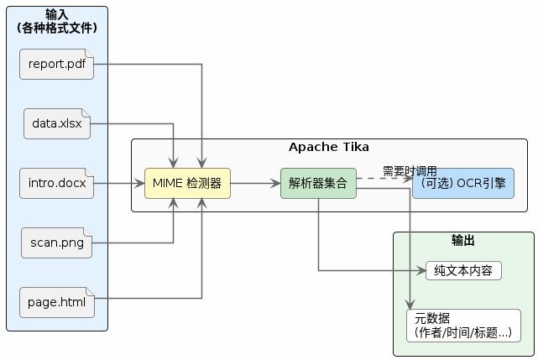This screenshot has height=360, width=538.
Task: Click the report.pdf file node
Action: (57, 65)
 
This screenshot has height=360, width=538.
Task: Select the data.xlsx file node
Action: (57, 124)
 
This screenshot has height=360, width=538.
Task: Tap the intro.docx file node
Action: (57, 183)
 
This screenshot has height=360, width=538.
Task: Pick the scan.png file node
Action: (57, 243)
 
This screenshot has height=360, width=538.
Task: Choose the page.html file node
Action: (57, 302)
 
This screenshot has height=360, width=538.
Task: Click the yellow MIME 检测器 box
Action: (187, 183)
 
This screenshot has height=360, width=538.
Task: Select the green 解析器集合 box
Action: (318, 183)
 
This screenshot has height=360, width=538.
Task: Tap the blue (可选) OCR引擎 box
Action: (462, 183)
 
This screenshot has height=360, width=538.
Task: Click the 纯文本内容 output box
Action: (463, 270)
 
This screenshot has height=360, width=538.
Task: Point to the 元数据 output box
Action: (463, 325)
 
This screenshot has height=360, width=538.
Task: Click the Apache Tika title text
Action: (328, 148)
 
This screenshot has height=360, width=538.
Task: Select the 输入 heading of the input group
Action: (57, 14)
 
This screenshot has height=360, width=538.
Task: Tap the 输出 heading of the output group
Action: (463, 241)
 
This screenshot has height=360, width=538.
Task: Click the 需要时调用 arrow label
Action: (410, 171)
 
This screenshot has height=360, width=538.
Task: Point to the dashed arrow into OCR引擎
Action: (384, 178)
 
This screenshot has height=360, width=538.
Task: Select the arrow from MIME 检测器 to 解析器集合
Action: (255, 183)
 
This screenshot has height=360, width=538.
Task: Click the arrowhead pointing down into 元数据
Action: (410, 305)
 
